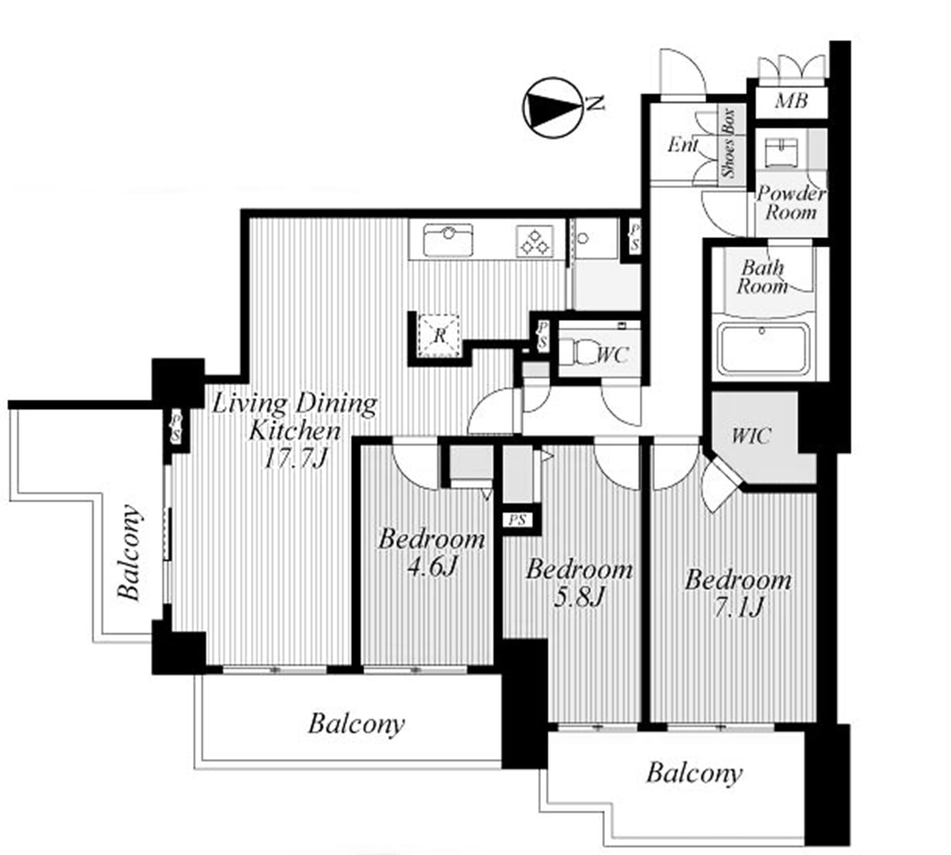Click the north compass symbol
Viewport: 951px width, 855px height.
552,107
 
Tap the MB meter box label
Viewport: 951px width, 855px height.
792,101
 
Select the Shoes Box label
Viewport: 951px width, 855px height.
729,143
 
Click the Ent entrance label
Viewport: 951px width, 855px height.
683,145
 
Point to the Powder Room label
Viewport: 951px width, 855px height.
791,203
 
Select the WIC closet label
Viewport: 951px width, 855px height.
751,436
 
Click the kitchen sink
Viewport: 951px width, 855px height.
448,240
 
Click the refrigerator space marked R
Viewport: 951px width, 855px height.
439,335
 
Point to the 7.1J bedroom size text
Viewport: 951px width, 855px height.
738,607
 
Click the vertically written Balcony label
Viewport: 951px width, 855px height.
129,553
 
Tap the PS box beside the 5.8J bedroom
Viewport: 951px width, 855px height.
518,520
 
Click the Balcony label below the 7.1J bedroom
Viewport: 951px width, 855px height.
694,773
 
